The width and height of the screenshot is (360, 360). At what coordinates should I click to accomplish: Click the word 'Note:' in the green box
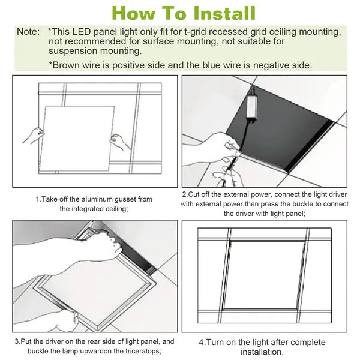pos(29,31)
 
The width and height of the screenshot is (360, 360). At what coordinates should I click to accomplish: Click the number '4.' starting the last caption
pos(202,343)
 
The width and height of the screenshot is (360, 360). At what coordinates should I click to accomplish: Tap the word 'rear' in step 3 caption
pos(92,342)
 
